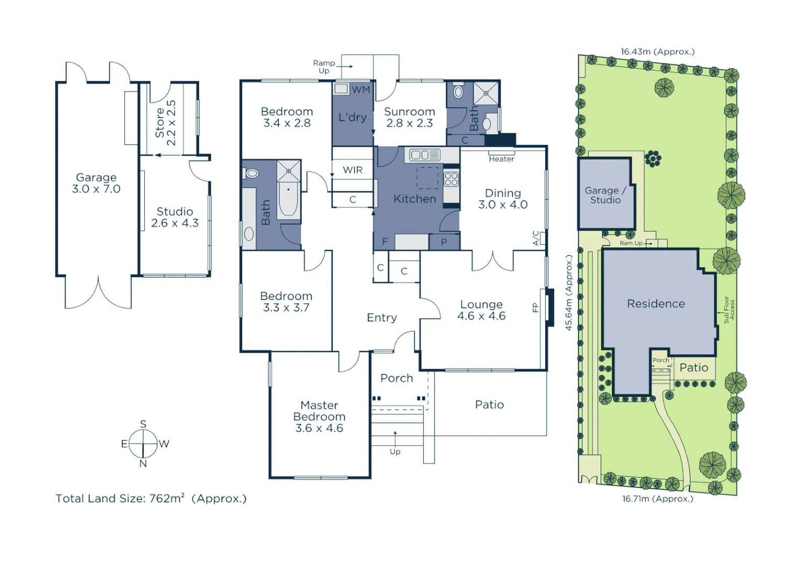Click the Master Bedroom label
[319, 416]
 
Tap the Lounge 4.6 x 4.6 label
[481, 310]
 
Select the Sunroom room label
[409, 117]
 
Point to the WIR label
[352, 170]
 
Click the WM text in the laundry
[361, 90]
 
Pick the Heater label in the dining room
[501, 159]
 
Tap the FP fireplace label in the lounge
[535, 308]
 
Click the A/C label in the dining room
[536, 238]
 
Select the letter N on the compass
[143, 463]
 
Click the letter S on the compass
[143, 424]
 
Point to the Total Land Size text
[151, 498]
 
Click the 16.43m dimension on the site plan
[657, 51]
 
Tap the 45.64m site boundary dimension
[569, 292]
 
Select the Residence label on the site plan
[656, 303]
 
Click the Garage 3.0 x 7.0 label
[96, 183]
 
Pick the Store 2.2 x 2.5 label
[165, 123]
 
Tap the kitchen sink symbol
[425, 155]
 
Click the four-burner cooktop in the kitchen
[451, 179]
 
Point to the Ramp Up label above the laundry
[324, 67]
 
